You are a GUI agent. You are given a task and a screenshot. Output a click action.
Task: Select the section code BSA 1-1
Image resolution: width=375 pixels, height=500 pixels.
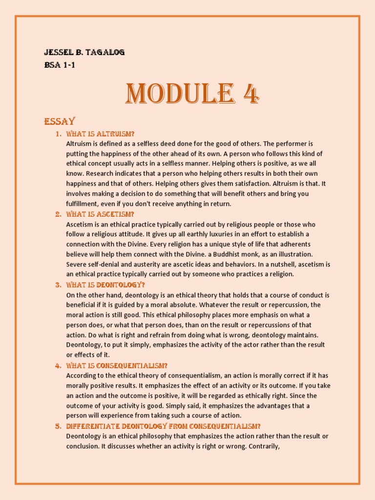tap(60, 64)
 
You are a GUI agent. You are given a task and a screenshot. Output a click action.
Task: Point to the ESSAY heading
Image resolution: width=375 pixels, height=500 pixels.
tap(60, 121)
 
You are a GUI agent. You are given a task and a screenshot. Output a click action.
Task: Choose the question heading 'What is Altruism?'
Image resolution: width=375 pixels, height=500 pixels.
tap(100, 134)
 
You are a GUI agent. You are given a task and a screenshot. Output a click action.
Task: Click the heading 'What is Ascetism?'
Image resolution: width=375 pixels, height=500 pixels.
tap(100, 214)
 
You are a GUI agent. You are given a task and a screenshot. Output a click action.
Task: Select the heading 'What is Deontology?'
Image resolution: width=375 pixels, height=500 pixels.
tap(105, 285)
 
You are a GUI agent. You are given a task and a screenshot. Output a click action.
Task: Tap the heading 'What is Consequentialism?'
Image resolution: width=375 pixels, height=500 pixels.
tap(117, 365)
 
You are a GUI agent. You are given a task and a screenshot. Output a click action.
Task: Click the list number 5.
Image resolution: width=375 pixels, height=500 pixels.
tap(58, 426)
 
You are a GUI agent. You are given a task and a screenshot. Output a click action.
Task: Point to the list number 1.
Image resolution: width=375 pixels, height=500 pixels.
tap(58, 134)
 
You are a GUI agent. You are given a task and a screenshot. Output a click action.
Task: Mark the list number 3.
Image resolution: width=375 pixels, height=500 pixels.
tap(58, 285)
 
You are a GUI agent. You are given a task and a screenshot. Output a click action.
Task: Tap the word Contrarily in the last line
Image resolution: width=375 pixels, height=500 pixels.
tap(264, 446)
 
